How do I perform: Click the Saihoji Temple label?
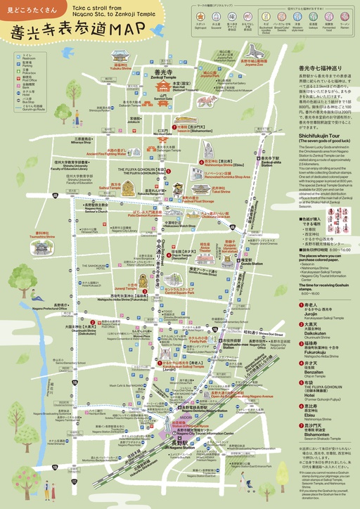click(110, 188)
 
